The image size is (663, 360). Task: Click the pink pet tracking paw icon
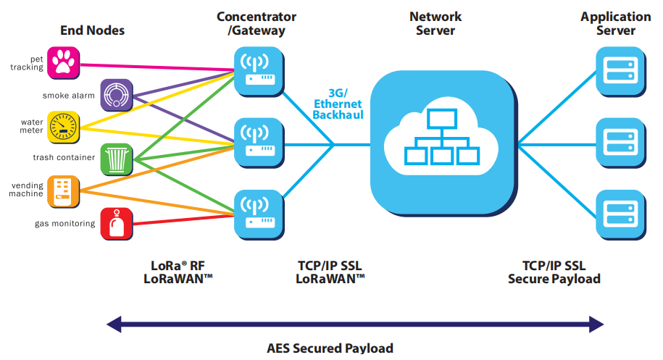[x=64, y=63]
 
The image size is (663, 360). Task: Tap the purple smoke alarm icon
[x=116, y=94]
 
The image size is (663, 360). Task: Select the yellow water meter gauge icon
[x=64, y=126]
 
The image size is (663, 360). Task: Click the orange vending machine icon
[x=64, y=191]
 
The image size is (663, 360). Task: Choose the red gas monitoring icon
[x=116, y=223]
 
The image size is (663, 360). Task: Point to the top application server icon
[x=620, y=70]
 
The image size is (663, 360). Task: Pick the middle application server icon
[x=620, y=143]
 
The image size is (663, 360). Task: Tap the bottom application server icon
[x=620, y=214]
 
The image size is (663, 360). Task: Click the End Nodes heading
[x=92, y=30]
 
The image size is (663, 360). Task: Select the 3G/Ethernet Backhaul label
[x=338, y=104]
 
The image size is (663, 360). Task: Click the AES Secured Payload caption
[x=330, y=348]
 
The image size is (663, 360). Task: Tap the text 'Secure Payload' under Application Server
[x=554, y=279]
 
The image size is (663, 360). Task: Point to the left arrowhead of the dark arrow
[x=112, y=323]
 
